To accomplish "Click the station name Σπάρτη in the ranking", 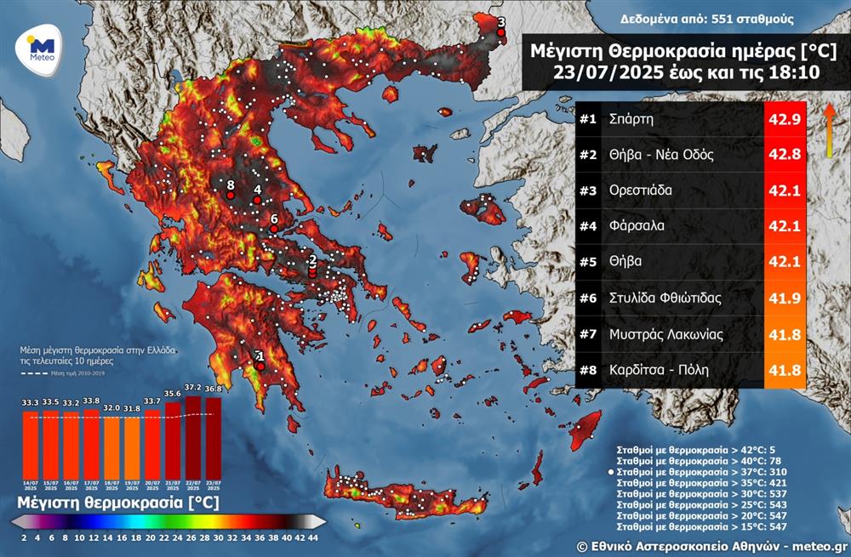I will (631, 120).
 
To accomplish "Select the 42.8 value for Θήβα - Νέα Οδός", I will (784, 156).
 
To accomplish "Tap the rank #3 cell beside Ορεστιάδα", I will (589, 190).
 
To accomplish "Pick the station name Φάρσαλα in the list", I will (637, 226).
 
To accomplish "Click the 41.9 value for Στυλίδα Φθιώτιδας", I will (784, 298).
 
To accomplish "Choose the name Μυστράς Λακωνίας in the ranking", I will (666, 334).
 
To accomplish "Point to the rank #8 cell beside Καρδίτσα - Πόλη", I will (589, 370).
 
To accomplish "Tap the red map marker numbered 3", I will (501, 33).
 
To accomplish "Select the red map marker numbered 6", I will (273, 229).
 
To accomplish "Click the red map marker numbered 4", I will (257, 200).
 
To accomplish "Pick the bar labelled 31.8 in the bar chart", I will (133, 448).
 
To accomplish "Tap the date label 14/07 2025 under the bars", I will (31, 486).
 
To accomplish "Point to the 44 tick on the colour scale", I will (313, 538).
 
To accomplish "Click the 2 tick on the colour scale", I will (24, 538).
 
